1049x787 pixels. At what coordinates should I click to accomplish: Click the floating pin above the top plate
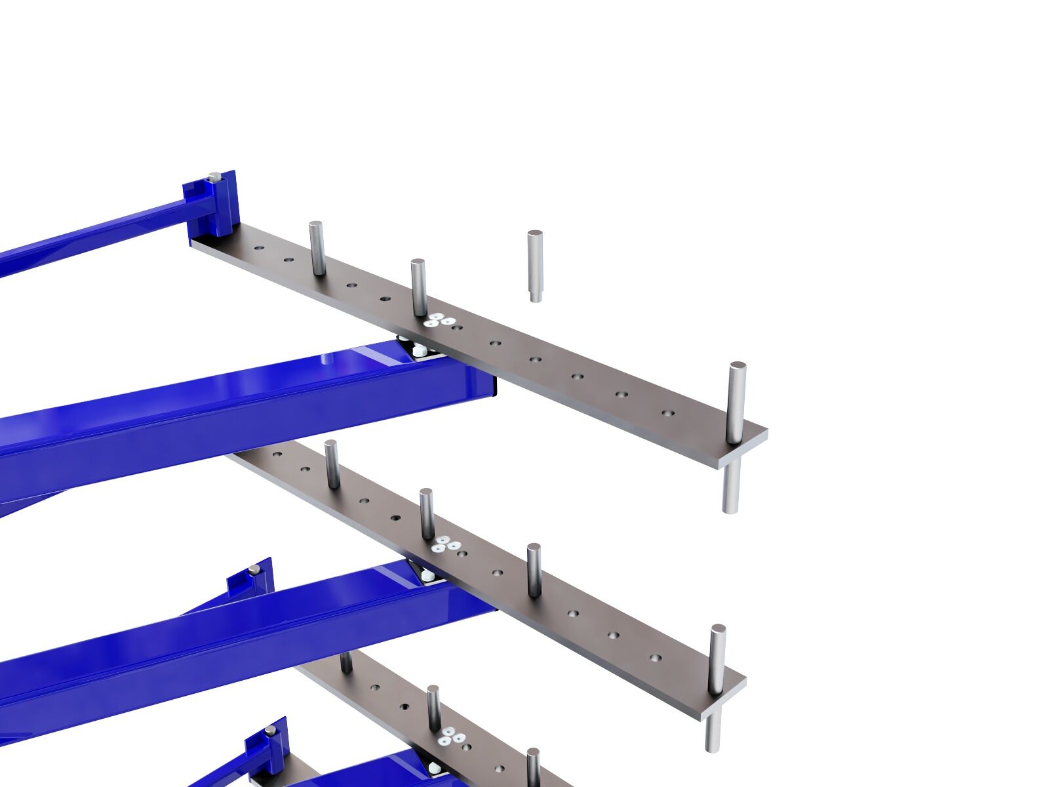[535, 266]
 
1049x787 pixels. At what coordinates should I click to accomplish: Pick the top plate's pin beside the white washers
[418, 287]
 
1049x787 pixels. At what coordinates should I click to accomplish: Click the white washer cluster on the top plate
[440, 320]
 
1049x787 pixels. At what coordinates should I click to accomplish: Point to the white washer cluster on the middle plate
[448, 544]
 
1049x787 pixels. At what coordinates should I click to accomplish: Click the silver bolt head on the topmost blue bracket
[214, 176]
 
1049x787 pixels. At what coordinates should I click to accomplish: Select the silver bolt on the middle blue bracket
[254, 569]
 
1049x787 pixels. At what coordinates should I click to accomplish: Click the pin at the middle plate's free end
[718, 656]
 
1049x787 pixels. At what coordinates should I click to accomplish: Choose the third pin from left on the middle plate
[534, 569]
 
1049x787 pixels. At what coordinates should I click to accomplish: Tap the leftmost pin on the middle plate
[332, 464]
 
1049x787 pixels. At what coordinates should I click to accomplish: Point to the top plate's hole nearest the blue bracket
[259, 249]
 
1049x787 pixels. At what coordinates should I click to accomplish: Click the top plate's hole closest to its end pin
[668, 414]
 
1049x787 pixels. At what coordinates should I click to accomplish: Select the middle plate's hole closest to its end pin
[655, 657]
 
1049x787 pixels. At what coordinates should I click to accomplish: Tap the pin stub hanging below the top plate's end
[731, 486]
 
